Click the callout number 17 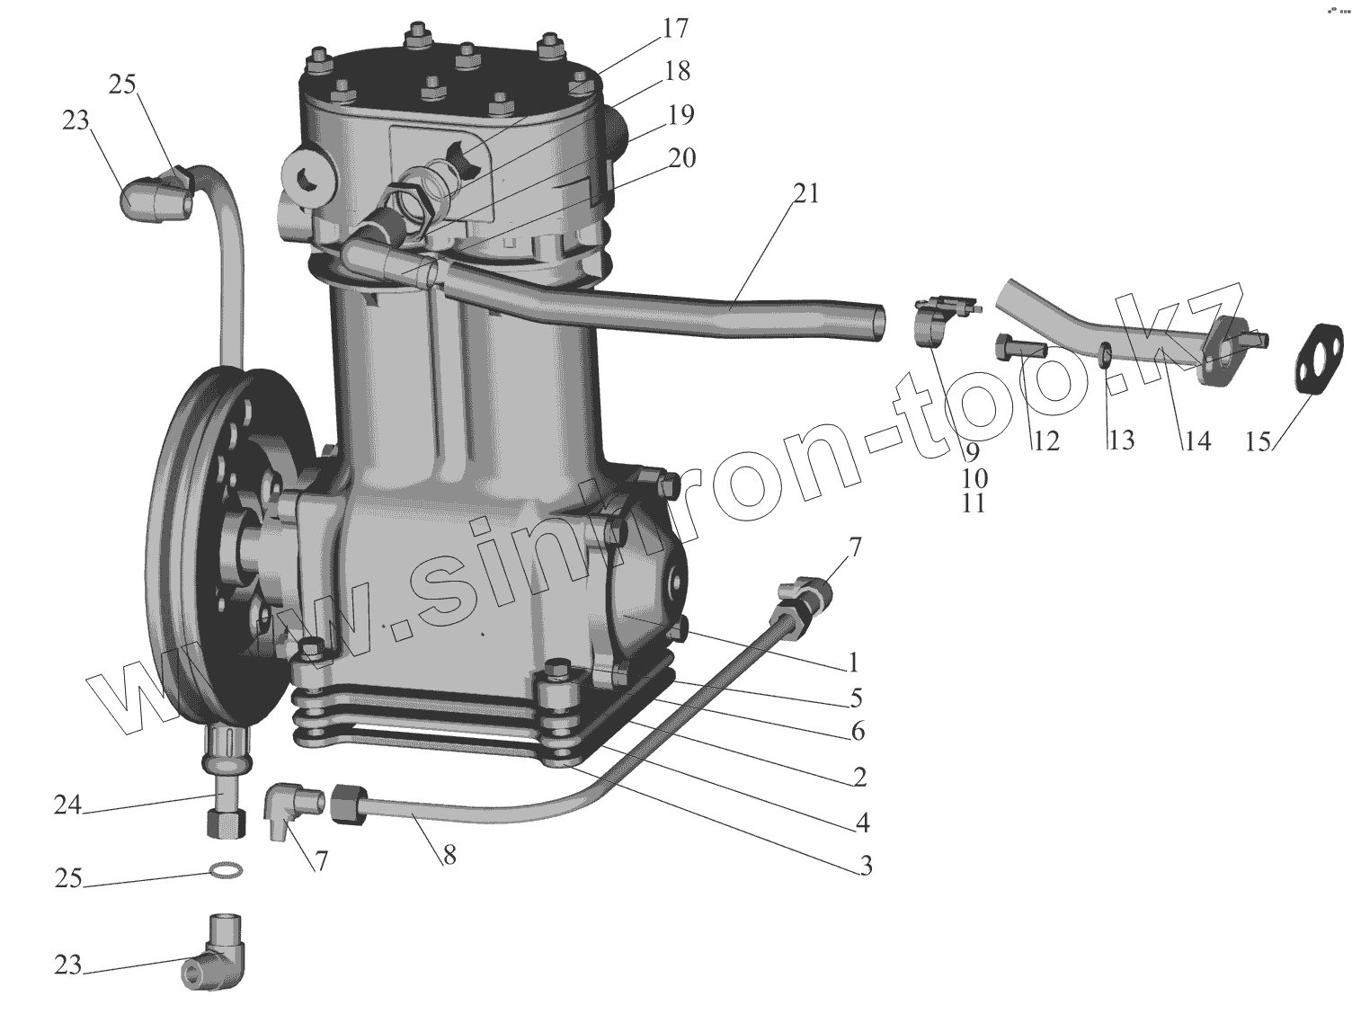[x=675, y=29]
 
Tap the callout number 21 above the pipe [x=805, y=193]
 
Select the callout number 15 [x=1258, y=441]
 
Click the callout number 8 [x=449, y=855]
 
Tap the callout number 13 [x=1120, y=440]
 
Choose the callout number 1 [x=852, y=663]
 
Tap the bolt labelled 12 [x=1017, y=345]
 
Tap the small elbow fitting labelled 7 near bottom [x=288, y=807]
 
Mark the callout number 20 [x=681, y=158]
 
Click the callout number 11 [x=973, y=503]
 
